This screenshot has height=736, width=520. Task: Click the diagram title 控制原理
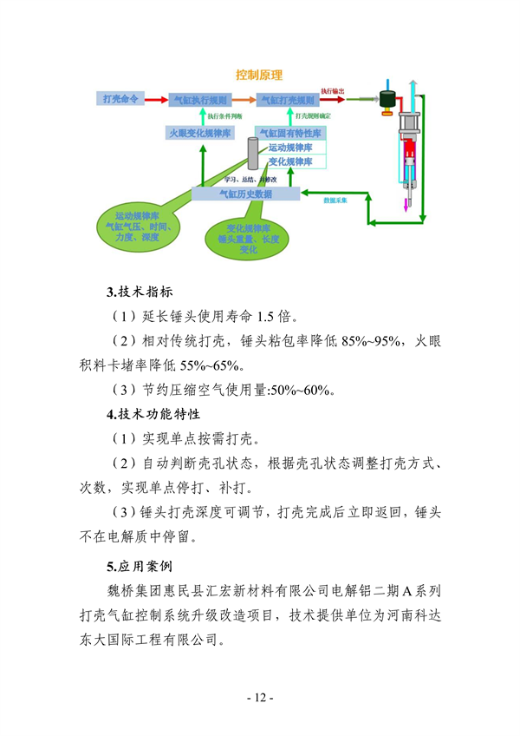coord(259,76)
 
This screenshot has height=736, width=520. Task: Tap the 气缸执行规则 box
coord(199,101)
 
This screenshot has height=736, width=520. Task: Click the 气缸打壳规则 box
coord(289,101)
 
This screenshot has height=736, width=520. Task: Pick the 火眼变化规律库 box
coord(199,133)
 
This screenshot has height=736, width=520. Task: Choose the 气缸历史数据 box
coord(245,194)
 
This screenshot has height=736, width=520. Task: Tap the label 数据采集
coord(335,200)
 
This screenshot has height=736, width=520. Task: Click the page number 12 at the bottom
coord(259,698)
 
